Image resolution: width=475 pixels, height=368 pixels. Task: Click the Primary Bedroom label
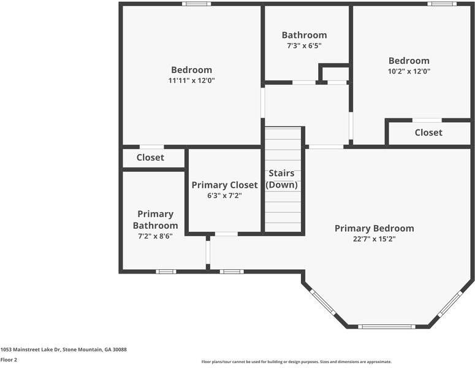tap(374, 228)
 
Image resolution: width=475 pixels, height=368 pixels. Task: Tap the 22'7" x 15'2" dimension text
tap(374, 239)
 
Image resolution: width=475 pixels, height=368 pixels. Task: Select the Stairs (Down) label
tap(283, 179)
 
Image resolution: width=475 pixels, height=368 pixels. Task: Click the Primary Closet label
tap(224, 185)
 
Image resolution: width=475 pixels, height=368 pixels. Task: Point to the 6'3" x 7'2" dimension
tap(224, 196)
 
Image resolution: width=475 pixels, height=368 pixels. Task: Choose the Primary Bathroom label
tap(155, 220)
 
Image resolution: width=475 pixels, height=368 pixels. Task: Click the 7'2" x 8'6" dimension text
tap(155, 236)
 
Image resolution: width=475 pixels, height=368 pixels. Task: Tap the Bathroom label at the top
tap(304, 35)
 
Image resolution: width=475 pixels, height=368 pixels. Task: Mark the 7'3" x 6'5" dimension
tap(304, 45)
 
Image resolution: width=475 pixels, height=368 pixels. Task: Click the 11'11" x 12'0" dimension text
tap(191, 80)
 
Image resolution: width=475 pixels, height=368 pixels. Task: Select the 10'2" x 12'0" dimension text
tap(409, 71)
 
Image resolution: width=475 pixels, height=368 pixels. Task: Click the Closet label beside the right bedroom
tap(428, 132)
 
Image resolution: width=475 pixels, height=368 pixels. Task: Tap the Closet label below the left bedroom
tap(150, 158)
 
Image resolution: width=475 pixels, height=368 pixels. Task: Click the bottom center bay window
tap(387, 326)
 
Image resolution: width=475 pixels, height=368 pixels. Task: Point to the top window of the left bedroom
tap(196, 4)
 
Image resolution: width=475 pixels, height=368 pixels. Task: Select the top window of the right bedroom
tap(442, 4)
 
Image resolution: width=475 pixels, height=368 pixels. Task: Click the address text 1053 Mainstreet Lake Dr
tap(63, 350)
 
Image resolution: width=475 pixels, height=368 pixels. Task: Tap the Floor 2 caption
tap(9, 360)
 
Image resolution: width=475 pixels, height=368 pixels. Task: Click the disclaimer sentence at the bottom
tap(297, 362)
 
